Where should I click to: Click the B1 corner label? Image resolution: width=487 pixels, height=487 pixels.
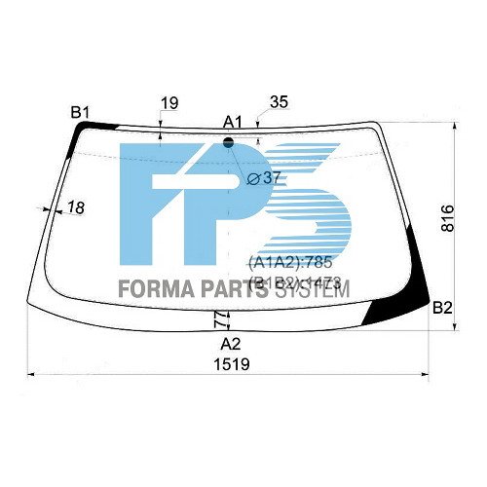80,112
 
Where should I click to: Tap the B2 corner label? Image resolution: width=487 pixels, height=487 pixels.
443,308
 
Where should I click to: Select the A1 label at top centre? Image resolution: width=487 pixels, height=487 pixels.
232,121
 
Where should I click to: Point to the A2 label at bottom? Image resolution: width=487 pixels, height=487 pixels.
231,344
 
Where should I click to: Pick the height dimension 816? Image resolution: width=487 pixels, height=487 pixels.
447,218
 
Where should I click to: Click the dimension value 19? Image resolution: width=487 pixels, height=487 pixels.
169,102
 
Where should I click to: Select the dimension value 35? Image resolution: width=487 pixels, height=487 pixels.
279,102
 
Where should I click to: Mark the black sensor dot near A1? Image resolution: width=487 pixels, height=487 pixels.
230,142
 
